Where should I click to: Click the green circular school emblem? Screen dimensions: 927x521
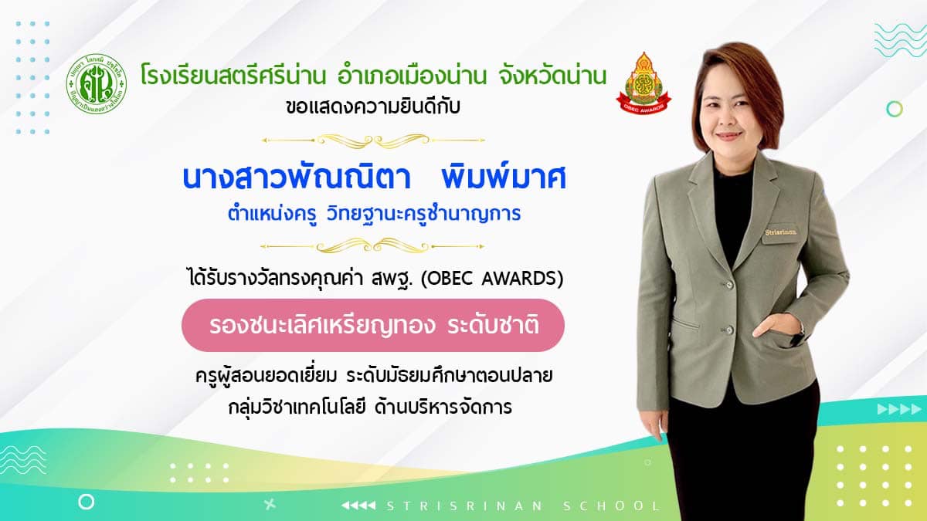97,84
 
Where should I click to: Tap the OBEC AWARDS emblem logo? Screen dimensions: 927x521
643,83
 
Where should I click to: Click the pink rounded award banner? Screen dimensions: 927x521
373,326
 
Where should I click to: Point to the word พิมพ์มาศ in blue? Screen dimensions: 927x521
504,178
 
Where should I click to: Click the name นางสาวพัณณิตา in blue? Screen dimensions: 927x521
297,178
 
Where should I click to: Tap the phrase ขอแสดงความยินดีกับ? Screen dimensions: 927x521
373,107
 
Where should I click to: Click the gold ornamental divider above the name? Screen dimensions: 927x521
373,140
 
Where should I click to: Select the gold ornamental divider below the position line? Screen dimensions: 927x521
372,246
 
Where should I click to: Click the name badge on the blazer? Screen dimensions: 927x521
780,233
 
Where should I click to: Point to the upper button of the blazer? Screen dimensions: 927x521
728,285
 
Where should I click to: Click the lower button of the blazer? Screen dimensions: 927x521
728,330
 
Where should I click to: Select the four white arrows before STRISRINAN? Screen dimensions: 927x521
358,506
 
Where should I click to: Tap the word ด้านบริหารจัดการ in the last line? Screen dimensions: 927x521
443,408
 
